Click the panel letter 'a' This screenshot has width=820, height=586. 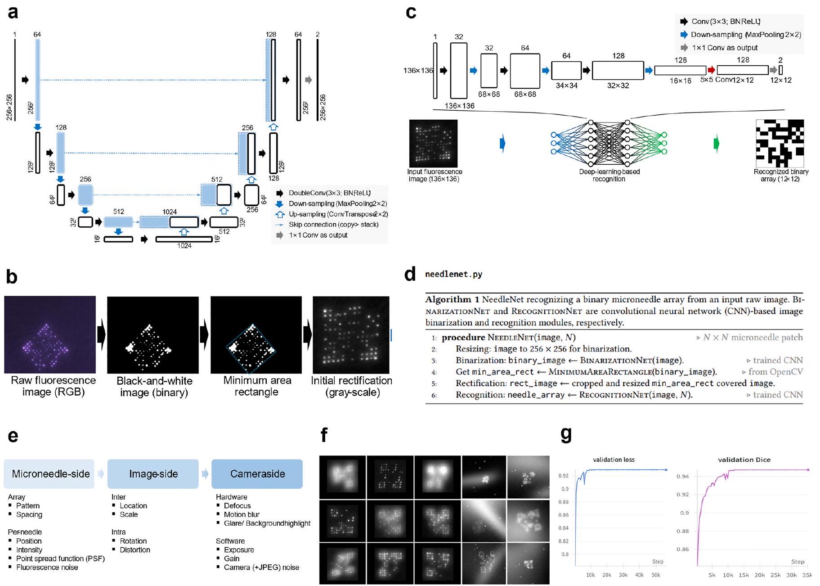click(x=13, y=13)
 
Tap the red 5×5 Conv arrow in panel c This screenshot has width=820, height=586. click(x=711, y=70)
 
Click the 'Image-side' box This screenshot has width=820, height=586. click(x=153, y=474)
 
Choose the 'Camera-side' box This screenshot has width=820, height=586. click(x=257, y=474)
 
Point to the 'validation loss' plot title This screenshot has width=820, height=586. click(x=614, y=460)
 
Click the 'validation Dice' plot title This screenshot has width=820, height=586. click(x=744, y=460)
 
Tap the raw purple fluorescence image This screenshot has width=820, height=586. click(x=50, y=334)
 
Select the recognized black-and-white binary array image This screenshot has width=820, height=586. click(x=780, y=143)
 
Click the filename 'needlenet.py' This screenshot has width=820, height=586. click(x=453, y=274)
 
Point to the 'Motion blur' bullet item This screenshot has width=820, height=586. click(x=242, y=514)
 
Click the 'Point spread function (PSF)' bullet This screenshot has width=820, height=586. click(x=60, y=559)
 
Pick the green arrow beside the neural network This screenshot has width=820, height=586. click(x=717, y=144)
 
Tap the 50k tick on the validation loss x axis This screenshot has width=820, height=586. click(x=655, y=575)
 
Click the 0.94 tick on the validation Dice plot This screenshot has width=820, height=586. click(x=682, y=476)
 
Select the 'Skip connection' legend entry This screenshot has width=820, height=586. click(x=333, y=225)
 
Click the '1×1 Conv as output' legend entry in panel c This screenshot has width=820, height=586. click(x=724, y=48)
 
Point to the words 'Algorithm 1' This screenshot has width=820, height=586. click(x=452, y=299)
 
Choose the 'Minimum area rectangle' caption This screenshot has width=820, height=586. click(x=257, y=386)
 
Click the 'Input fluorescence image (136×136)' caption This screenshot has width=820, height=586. click(x=435, y=175)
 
